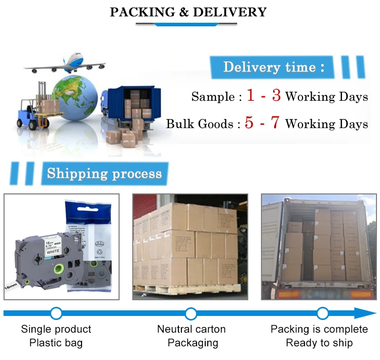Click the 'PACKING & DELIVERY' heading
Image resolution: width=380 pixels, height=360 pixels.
click(x=188, y=12)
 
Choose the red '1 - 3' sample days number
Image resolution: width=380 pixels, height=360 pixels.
click(x=263, y=96)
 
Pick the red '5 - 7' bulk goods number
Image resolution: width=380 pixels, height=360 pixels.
click(x=262, y=124)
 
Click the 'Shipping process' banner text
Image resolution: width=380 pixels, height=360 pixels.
click(x=104, y=174)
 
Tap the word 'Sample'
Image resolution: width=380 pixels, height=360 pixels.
click(x=213, y=97)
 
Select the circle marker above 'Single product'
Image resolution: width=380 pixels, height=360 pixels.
click(x=56, y=313)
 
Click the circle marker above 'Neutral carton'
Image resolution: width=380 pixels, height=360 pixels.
click(x=191, y=313)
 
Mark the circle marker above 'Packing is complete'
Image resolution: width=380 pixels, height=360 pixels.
click(x=323, y=313)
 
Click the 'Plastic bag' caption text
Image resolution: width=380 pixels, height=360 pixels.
click(x=56, y=343)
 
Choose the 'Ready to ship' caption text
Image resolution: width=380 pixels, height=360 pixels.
click(x=319, y=343)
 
